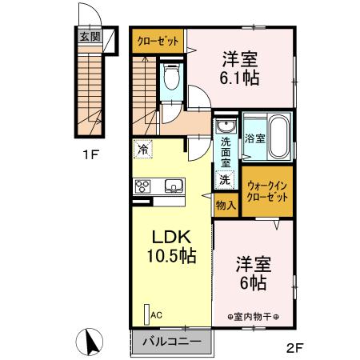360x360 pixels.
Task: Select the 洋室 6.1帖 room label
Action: pyautogui.click(x=240, y=69)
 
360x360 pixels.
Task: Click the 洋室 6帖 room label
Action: pyautogui.click(x=253, y=273)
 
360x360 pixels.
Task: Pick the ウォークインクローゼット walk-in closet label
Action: pyautogui.click(x=267, y=191)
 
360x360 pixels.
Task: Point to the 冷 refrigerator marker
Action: pyautogui.click(x=142, y=149)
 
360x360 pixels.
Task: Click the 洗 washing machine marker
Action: pyautogui.click(x=225, y=179)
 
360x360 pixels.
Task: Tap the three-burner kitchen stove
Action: pyautogui.click(x=142, y=187)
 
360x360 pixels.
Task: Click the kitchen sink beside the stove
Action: pyautogui.click(x=174, y=187)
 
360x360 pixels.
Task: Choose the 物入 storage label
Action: pyautogui.click(x=225, y=205)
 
